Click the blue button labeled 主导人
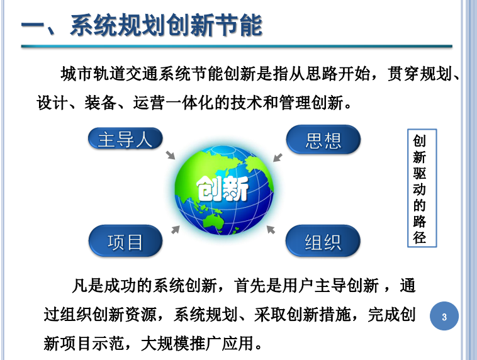[125, 138]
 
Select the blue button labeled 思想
[323, 140]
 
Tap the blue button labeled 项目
[125, 241]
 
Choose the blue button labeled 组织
[323, 241]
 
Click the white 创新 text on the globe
[223, 189]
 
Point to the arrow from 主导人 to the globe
[171, 155]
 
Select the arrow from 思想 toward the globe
[278, 157]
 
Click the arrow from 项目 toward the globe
[176, 230]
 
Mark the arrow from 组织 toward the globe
[271, 230]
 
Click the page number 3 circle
[444, 316]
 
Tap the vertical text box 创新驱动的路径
[422, 188]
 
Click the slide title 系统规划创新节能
[166, 25]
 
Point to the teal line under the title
[237, 46]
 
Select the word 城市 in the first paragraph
[77, 74]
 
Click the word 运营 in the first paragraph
[149, 103]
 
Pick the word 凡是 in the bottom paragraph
[87, 286]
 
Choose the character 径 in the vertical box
[420, 237]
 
